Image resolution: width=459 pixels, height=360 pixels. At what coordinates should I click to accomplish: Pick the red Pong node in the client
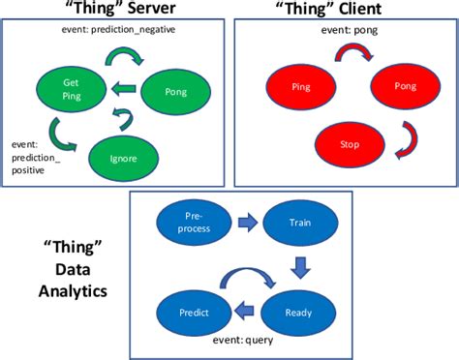(x=404, y=86)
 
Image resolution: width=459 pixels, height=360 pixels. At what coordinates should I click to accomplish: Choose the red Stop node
(x=350, y=146)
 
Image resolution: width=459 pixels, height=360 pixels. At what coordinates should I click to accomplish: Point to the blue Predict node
(x=194, y=313)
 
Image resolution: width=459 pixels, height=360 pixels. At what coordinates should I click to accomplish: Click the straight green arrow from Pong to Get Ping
(x=123, y=91)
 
